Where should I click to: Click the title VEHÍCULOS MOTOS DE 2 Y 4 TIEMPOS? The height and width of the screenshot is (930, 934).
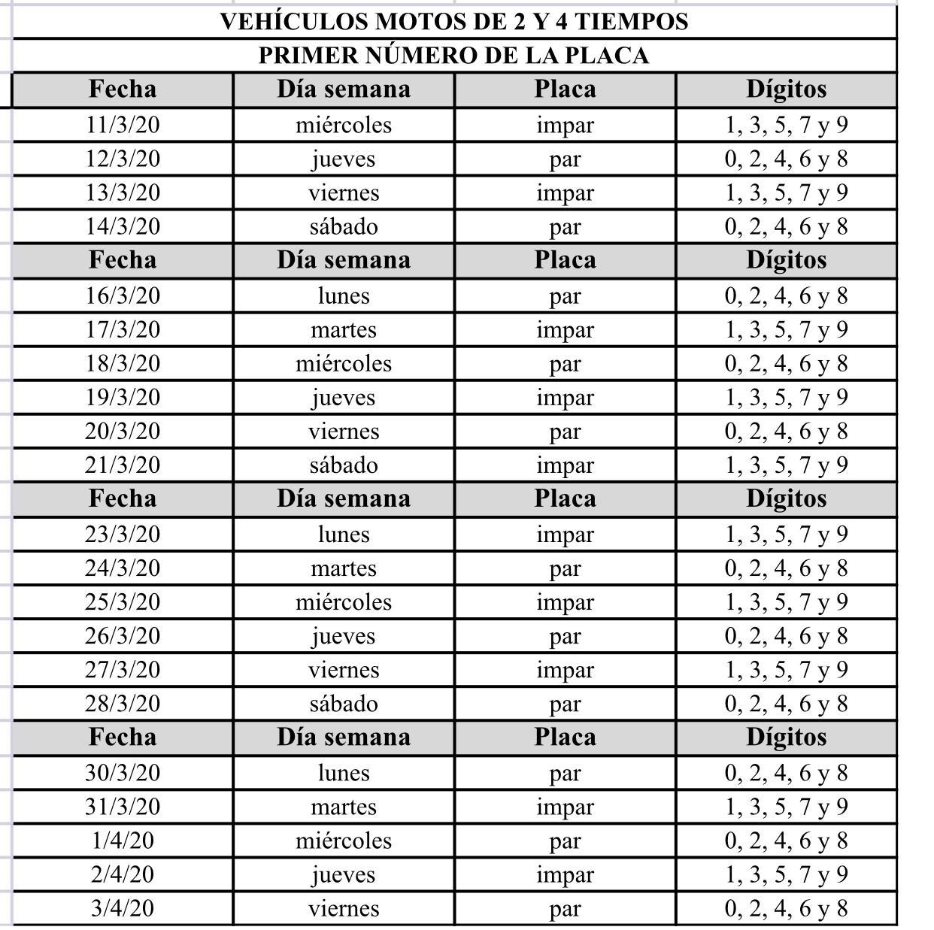point(453,21)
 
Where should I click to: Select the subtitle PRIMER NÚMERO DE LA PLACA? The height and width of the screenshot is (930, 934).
point(453,56)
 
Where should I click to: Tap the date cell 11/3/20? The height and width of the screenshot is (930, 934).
point(123,125)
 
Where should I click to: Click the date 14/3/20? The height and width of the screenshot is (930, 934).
point(123,226)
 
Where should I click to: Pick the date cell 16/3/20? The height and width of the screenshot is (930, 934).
point(123,295)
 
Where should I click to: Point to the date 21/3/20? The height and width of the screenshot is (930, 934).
point(123,465)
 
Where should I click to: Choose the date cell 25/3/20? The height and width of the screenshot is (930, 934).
point(123,602)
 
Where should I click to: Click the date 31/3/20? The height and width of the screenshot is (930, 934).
point(123,807)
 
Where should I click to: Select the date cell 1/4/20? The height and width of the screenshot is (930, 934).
point(123,841)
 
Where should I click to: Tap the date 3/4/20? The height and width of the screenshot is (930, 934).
point(123,908)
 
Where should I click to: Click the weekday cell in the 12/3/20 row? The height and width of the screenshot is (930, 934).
point(344,159)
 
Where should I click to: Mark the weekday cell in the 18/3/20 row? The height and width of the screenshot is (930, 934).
point(344,364)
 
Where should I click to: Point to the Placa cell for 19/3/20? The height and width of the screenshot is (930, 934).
point(565,398)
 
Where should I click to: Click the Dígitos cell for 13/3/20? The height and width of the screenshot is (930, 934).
point(786,192)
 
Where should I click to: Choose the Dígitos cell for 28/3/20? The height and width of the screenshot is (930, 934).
point(786,704)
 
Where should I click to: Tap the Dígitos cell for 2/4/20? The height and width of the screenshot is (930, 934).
point(786,874)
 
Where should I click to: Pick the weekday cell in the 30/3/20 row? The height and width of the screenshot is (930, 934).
point(344,773)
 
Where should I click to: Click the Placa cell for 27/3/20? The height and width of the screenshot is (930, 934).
point(565,670)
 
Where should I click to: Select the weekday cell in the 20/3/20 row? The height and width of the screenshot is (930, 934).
point(344,432)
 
